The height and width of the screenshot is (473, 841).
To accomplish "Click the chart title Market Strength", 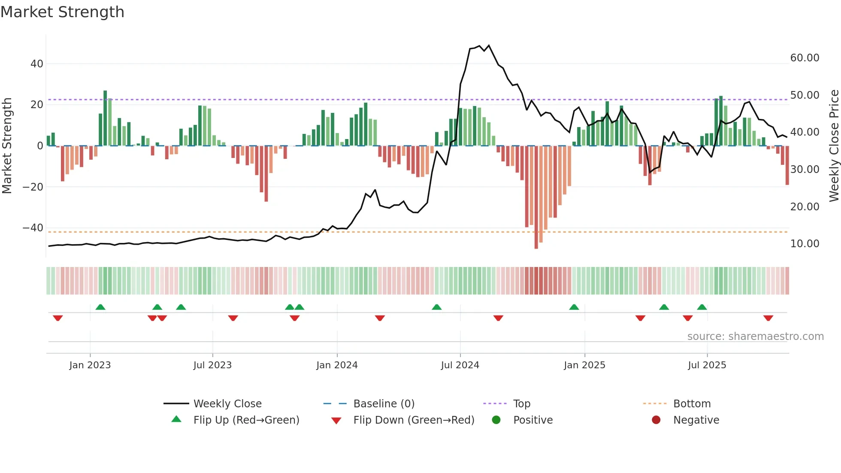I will (x=62, y=12).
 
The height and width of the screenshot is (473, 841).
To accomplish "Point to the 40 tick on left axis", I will (x=37, y=64).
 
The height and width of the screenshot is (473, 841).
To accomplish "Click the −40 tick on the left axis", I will (x=33, y=228).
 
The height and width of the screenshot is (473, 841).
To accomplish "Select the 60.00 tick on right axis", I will (x=805, y=58).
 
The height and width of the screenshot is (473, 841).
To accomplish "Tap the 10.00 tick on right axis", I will (x=805, y=244).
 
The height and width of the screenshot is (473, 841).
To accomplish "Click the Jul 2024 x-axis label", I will (x=460, y=365).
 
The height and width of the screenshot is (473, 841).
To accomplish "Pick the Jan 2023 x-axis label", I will (x=90, y=365).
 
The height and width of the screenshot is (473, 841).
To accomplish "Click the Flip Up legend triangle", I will (x=176, y=419).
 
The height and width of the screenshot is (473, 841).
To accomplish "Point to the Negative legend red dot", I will (x=656, y=420).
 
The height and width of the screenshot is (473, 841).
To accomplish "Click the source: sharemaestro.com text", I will (x=755, y=337).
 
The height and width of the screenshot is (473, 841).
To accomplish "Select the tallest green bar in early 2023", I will (x=105, y=118).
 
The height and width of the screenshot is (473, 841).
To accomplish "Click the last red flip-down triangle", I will (x=768, y=318).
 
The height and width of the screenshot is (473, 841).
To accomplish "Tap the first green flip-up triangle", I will (x=100, y=307).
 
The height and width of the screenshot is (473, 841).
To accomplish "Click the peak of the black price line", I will (x=489, y=45).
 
